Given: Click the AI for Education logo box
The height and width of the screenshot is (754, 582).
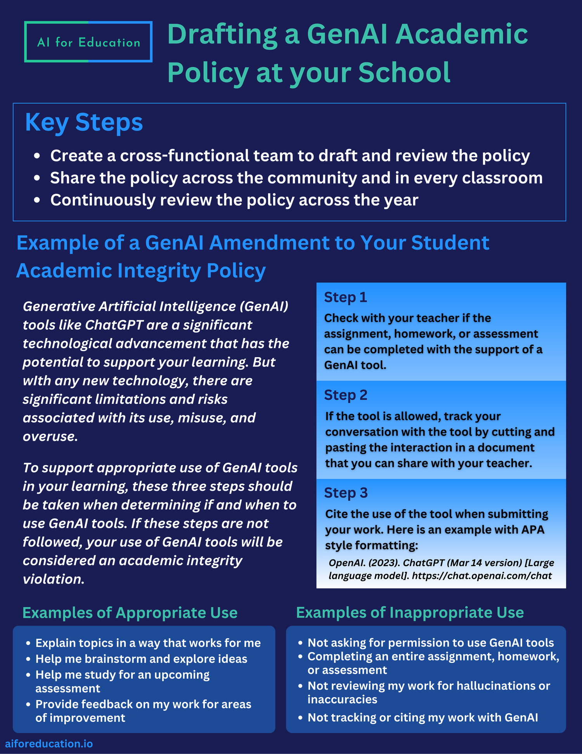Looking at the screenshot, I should point(88,42).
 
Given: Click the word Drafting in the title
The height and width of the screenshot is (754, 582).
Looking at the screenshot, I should point(222,34).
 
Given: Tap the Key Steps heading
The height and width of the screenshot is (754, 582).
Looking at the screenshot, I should point(84,123).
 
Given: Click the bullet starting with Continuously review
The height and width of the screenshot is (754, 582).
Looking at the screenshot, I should point(234,200).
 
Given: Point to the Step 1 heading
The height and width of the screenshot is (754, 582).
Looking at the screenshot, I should point(345,297).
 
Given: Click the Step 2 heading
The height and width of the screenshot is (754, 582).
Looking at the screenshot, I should point(345,395).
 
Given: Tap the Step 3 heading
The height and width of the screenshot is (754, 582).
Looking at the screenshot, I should point(345,493).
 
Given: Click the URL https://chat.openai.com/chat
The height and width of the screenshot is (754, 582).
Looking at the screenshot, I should point(482,575).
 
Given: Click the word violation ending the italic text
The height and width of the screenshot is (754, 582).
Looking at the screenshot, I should point(54,579).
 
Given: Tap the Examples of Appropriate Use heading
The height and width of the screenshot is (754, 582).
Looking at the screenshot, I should point(130,613).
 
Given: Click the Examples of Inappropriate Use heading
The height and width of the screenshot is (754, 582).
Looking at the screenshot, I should point(410,613).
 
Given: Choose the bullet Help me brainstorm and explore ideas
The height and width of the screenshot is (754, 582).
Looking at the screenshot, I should point(141,659).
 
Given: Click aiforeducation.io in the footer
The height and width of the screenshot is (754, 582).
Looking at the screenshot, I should point(49,744).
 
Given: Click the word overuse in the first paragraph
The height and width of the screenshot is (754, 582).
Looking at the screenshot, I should point(50,436).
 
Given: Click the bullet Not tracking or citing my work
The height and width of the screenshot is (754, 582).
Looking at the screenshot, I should point(423,718).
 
